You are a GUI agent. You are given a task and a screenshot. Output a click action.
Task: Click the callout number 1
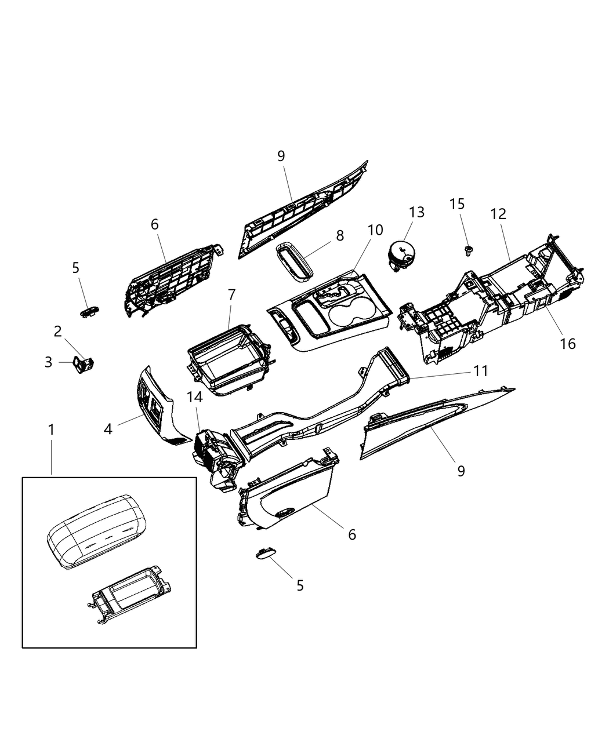point(51,430)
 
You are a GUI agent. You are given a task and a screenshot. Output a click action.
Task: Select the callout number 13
point(416,212)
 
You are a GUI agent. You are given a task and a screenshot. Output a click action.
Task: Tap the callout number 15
point(457,204)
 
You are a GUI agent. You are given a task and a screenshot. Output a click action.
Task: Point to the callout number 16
point(568,343)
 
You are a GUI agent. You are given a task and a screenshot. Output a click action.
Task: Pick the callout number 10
point(375,230)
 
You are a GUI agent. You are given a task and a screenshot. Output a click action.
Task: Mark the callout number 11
point(480,370)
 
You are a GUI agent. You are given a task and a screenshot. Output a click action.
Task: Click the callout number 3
point(48,362)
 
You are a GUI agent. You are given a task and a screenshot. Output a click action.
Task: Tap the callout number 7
point(231,294)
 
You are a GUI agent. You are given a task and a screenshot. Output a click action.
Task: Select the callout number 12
point(498,214)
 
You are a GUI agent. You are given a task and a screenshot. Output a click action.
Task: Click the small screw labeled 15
point(467,251)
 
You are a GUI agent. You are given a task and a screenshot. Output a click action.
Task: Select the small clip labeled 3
point(83,364)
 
